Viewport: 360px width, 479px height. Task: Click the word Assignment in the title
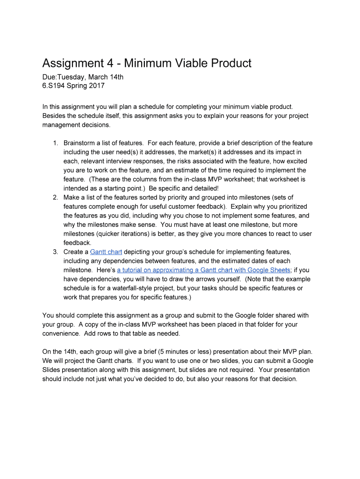pyautogui.click(x=75, y=63)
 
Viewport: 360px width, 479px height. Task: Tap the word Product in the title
pyautogui.click(x=229, y=63)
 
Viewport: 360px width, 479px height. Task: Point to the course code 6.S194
pyautogui.click(x=54, y=86)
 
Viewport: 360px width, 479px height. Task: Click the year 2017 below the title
pyautogui.click(x=96, y=86)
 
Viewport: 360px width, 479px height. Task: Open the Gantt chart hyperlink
pyautogui.click(x=106, y=252)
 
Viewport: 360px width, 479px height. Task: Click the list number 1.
pyautogui.click(x=55, y=143)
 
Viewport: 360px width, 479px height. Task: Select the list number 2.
pyautogui.click(x=55, y=197)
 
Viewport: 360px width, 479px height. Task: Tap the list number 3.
pyautogui.click(x=55, y=252)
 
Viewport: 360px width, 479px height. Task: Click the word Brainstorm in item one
pyautogui.click(x=80, y=143)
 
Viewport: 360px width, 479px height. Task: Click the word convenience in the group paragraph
pyautogui.click(x=61, y=334)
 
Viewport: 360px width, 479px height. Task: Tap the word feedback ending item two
pyautogui.click(x=77, y=243)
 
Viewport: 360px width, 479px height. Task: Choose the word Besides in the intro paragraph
pyautogui.click(x=54, y=116)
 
